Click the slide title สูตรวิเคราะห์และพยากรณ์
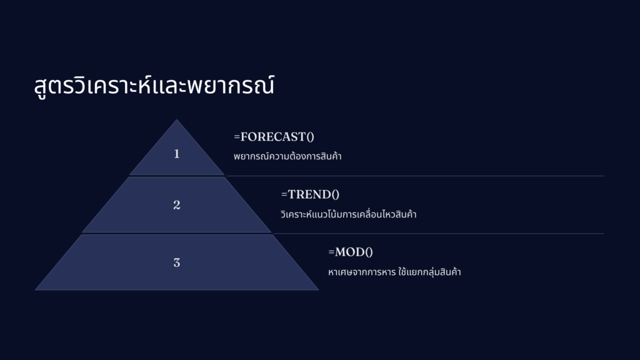154,85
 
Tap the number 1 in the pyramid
177,154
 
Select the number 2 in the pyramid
177,205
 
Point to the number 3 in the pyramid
177,262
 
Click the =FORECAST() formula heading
274,137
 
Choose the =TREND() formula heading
310,194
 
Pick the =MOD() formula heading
351,252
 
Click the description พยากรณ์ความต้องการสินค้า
287,156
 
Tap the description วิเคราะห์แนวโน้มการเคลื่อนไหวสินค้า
349,214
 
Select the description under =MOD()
394,272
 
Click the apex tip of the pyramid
177,119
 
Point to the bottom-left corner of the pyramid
36,290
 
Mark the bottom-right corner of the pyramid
318,290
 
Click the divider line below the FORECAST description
415,176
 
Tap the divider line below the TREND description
438,234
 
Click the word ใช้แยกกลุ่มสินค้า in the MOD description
429,272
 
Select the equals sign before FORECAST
237,137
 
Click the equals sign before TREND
284,194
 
